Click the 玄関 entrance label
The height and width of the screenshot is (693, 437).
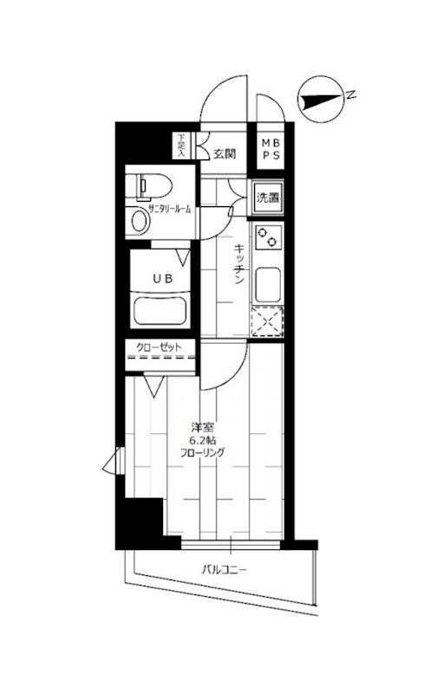[x=225, y=154]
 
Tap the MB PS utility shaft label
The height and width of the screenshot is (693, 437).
[x=271, y=149]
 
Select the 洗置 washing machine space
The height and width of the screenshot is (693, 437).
[x=268, y=198]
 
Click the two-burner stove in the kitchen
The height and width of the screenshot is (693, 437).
[x=268, y=236]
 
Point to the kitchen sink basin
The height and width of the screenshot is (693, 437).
[x=268, y=283]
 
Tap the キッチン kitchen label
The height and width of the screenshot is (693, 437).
[x=238, y=264]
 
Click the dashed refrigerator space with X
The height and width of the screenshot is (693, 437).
[x=267, y=321]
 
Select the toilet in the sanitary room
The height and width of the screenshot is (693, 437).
[x=148, y=186]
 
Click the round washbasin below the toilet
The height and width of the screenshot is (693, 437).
[x=140, y=221]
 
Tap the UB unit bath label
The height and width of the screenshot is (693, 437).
[x=162, y=279]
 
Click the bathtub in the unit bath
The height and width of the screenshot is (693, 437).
[x=160, y=310]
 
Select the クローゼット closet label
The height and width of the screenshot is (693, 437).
[x=159, y=347]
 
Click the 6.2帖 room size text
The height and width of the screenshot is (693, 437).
[x=203, y=440]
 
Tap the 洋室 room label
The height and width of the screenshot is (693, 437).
[x=203, y=427]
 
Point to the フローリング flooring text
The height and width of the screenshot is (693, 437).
[x=202, y=452]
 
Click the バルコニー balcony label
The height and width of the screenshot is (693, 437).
[x=225, y=569]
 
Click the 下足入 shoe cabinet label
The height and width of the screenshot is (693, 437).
[x=181, y=146]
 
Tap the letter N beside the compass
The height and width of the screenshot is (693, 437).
[x=351, y=94]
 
